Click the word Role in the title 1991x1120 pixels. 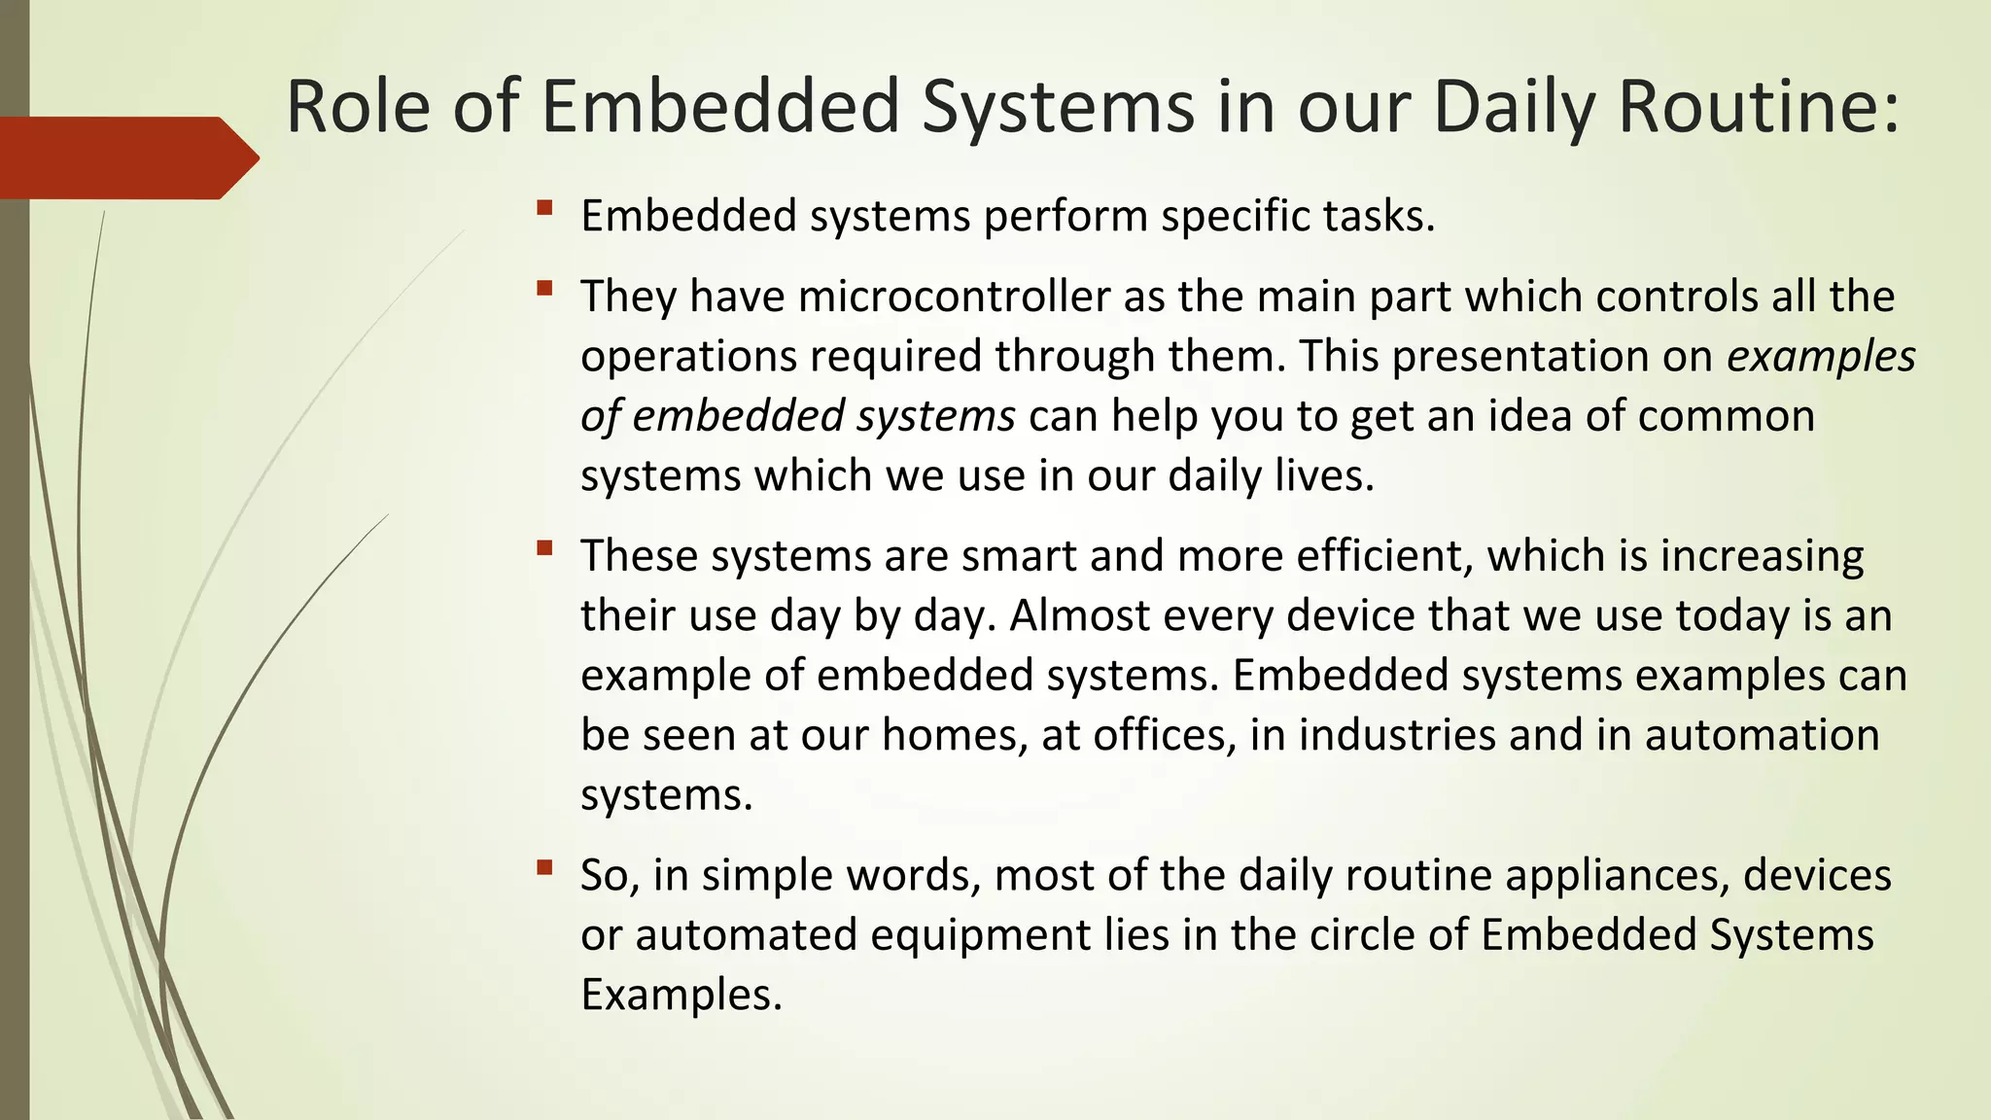[358, 106]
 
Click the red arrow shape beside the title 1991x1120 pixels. [126, 157]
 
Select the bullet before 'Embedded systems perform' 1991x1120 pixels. [544, 207]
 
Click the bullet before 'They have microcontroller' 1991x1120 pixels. [544, 288]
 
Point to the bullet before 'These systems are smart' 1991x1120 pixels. [544, 547]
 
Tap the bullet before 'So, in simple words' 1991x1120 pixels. [544, 866]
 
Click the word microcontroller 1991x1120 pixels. [955, 296]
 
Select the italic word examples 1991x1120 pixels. [1820, 356]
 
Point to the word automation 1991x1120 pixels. [1762, 735]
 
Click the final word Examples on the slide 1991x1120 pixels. [681, 995]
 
